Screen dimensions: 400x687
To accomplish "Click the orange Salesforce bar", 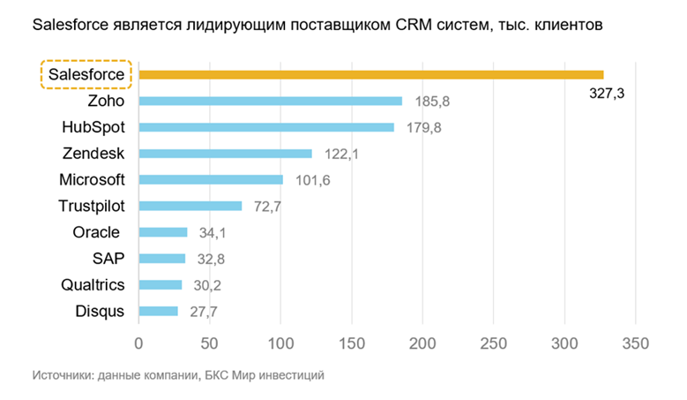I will point(370,75).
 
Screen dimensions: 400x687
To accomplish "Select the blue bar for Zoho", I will point(270,102).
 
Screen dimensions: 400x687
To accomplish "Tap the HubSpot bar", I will point(266,127).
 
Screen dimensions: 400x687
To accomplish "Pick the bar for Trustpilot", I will point(190,206).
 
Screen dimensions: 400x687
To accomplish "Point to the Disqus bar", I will point(159,311).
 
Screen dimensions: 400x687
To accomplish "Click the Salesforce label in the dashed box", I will point(86,75).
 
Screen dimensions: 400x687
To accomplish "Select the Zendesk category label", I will point(93,154).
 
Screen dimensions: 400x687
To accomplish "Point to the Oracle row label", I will point(99,232).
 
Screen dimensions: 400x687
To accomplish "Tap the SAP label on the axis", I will point(108,259).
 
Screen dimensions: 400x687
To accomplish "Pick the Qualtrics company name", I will point(93,284).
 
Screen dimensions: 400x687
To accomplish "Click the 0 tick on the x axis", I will point(138,342).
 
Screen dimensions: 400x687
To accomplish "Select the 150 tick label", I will point(352,342).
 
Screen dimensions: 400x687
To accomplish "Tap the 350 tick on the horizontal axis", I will point(636,342).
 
